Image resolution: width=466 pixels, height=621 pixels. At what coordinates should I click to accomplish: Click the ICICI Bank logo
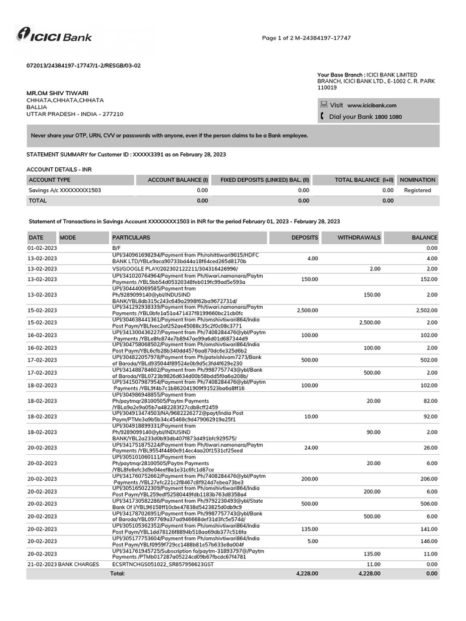tap(55, 36)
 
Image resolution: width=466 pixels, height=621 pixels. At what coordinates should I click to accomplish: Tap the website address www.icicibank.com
tap(371, 105)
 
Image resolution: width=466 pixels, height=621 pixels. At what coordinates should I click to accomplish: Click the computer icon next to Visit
tap(323, 104)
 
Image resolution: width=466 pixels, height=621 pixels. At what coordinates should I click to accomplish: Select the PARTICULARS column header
tap(131, 238)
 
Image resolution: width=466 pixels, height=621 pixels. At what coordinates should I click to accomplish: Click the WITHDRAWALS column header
tap(359, 238)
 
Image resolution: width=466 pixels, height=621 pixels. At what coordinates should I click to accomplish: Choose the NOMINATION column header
tap(417, 180)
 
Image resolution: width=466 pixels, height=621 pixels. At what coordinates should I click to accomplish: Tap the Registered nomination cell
tap(417, 190)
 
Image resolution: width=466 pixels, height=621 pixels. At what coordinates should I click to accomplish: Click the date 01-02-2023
tap(42, 248)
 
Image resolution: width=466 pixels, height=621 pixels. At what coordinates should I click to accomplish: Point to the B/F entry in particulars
tap(116, 248)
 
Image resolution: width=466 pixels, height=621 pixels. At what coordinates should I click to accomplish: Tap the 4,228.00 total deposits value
tap(306, 573)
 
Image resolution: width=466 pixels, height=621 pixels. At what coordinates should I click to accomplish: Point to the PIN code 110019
tap(327, 87)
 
